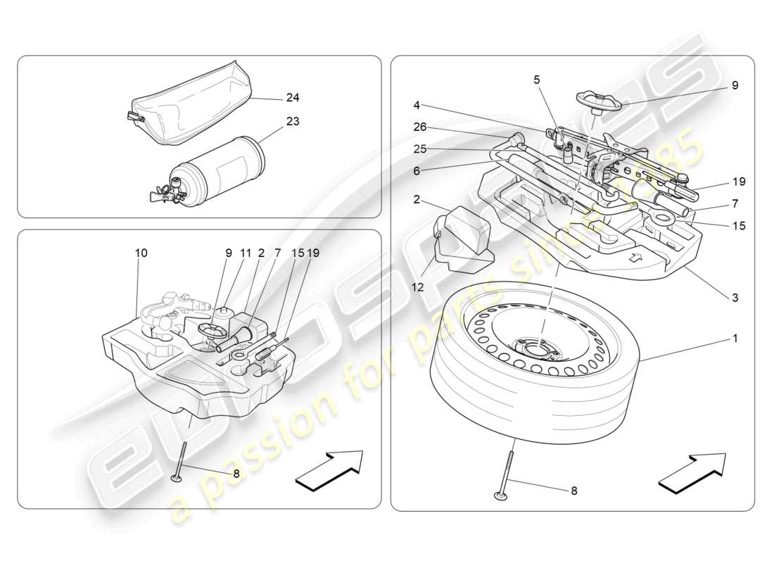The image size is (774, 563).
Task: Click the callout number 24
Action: click(292, 97)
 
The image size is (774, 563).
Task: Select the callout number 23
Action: click(292, 121)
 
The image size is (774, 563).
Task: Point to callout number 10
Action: click(141, 253)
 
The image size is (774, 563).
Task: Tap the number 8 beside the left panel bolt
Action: click(236, 474)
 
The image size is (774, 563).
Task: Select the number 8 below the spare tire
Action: click(573, 491)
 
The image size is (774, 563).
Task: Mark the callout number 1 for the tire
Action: click(735, 339)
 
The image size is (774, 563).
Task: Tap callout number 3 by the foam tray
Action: click(735, 298)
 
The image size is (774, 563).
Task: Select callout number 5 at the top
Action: click(537, 80)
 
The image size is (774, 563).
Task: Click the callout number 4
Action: click(417, 106)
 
